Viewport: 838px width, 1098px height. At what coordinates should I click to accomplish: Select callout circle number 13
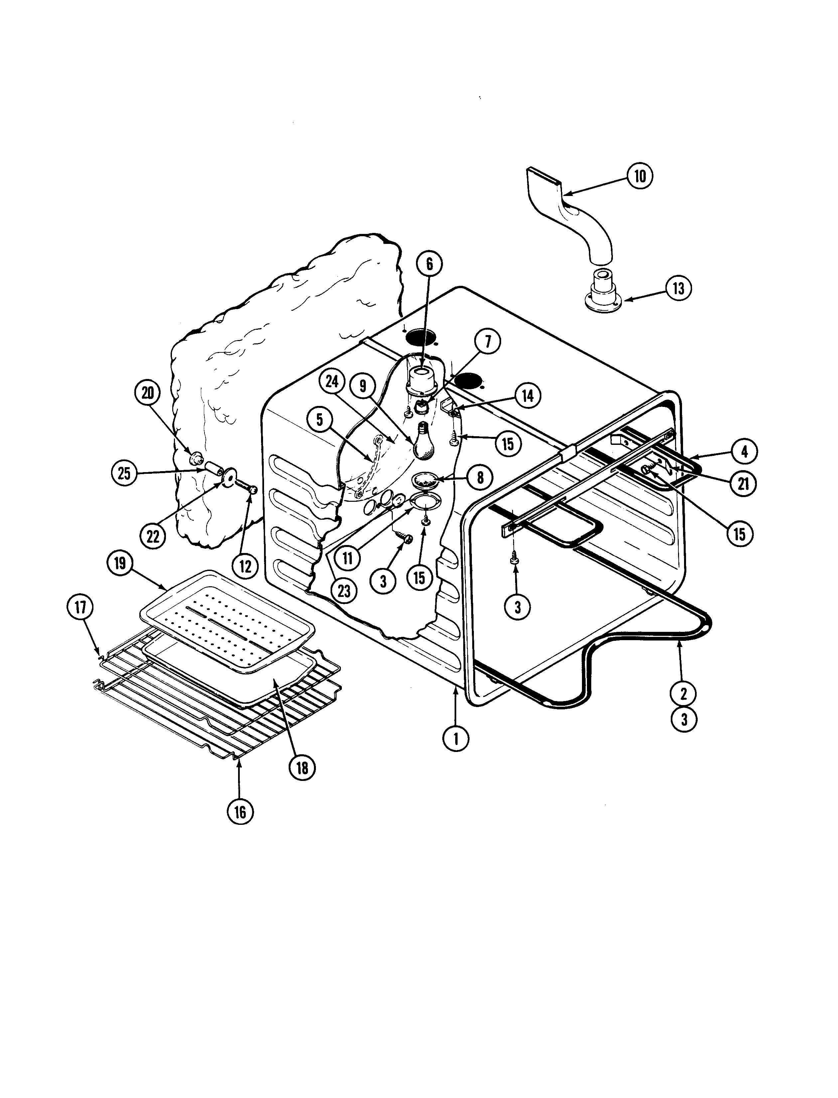click(x=678, y=288)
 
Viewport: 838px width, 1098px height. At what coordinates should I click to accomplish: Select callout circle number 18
click(x=302, y=767)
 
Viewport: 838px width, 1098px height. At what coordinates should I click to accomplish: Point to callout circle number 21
click(x=743, y=484)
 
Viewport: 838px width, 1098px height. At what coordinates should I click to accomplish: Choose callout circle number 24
click(x=332, y=383)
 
